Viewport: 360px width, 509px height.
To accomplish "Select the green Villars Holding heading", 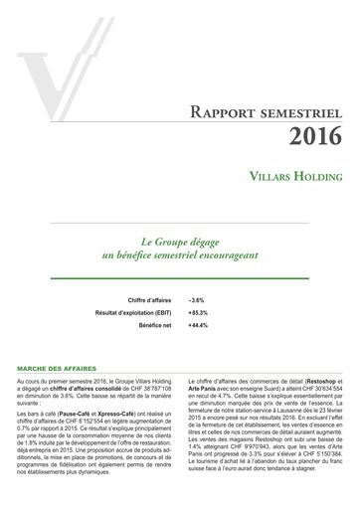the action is pos(296,176).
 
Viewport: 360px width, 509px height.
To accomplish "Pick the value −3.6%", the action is pos(196,299).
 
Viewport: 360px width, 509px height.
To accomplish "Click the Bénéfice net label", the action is pos(155,325).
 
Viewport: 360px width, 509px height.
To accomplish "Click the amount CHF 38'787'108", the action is pos(145,388).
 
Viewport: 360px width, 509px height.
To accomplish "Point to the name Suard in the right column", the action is pos(263,388).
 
